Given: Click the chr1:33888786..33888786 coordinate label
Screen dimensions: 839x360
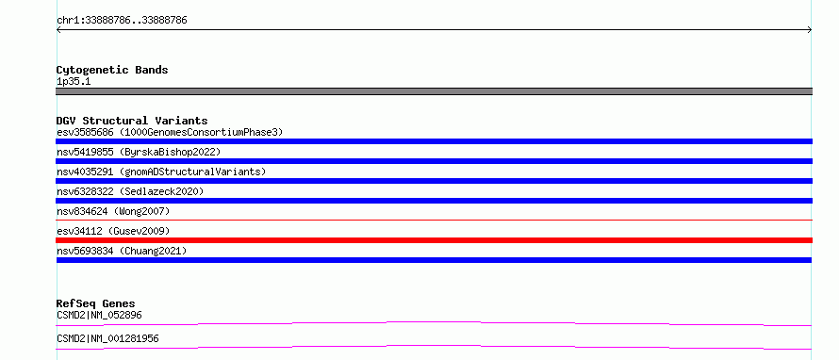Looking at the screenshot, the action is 122,21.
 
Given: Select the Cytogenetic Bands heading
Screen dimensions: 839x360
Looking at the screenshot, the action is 112,70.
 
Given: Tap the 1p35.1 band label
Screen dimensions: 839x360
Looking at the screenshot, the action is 74,82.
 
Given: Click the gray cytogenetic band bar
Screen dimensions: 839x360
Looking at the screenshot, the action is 434,91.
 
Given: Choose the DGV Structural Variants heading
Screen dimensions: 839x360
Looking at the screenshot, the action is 132,121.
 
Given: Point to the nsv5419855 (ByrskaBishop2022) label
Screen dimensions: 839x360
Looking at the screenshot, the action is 139,152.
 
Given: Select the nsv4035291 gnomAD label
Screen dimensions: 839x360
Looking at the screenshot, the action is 161,172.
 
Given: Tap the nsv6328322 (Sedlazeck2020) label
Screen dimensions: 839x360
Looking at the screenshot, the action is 130,191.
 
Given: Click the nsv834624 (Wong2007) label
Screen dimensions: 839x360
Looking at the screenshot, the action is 113,211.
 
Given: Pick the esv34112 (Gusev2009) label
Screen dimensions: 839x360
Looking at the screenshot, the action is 113,231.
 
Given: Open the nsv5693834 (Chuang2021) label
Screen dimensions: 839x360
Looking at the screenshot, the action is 122,251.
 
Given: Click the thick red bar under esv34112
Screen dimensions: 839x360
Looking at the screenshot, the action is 434,240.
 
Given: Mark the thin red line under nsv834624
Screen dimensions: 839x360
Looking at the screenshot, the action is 434,220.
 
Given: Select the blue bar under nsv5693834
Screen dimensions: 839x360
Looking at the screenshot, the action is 434,260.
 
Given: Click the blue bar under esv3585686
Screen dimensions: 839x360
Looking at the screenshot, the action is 434,141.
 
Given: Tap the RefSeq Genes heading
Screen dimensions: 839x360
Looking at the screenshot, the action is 96,303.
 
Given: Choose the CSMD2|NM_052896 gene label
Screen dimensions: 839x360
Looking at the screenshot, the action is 99,315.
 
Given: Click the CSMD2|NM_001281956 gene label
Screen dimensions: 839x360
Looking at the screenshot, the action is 107,338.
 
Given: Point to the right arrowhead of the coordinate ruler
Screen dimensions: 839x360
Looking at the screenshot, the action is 810,30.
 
